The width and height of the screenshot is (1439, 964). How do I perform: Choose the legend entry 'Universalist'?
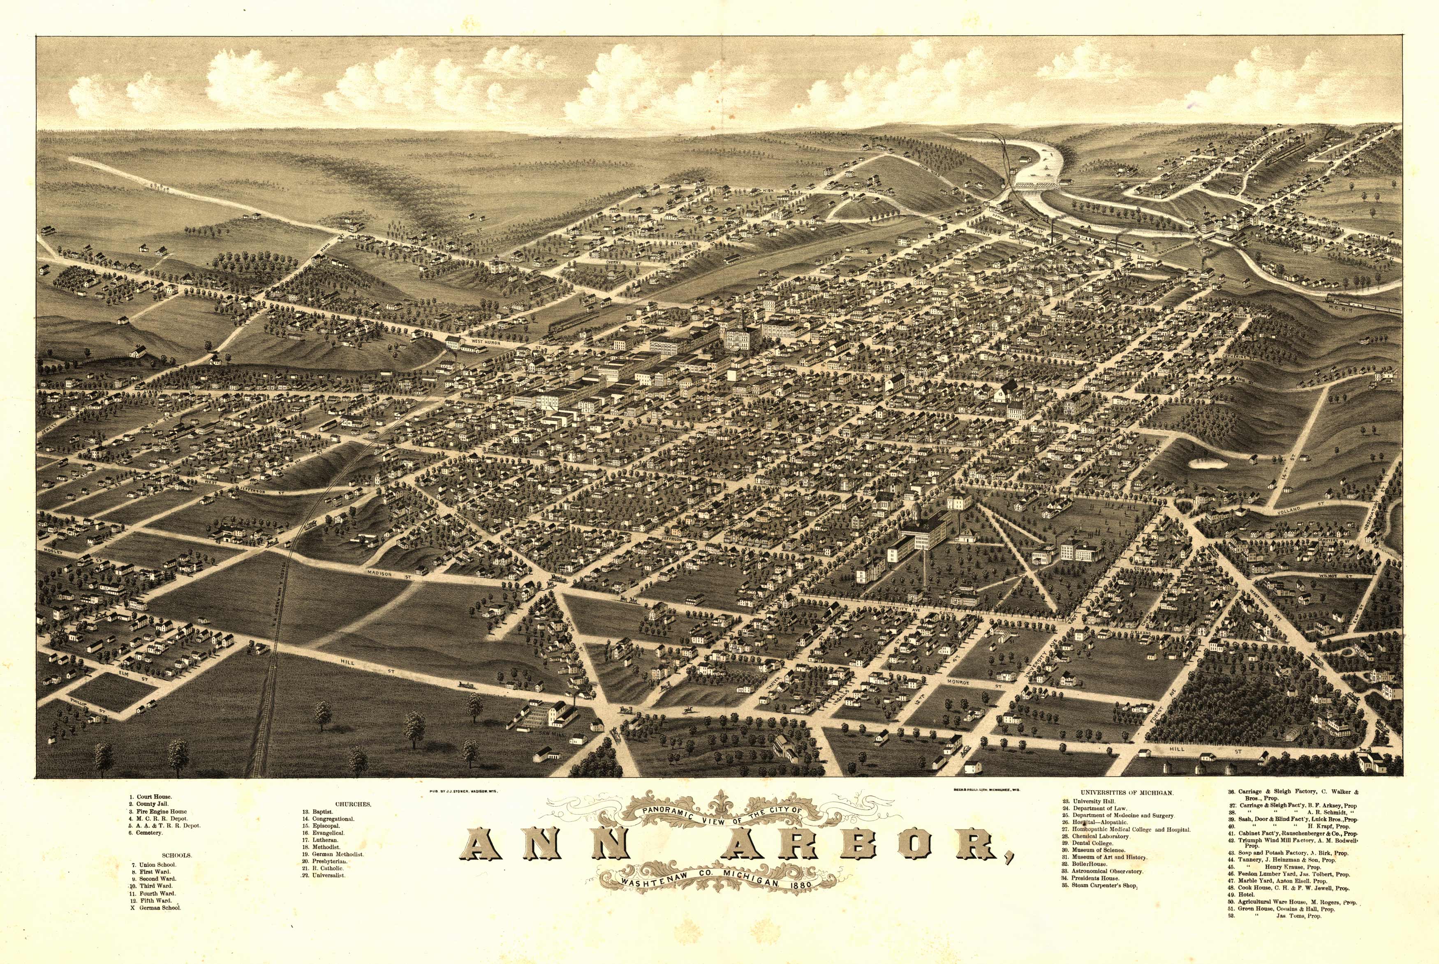329,875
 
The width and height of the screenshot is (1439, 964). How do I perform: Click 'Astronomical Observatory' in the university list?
1107,871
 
